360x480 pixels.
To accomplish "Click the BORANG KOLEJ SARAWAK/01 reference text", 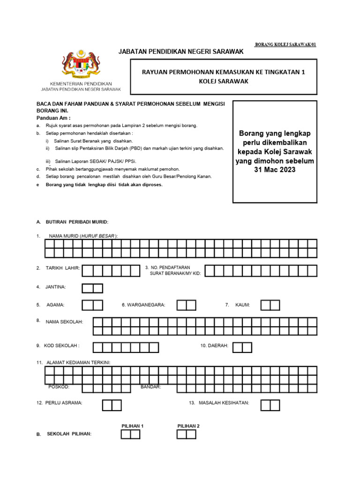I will (285, 45).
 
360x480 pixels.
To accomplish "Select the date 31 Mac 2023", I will (274, 170).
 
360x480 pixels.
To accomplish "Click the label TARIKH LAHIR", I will (63, 268).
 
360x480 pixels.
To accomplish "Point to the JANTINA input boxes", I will (92, 288).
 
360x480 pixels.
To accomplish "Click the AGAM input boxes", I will (92, 305).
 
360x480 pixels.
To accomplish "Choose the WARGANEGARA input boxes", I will (186, 305).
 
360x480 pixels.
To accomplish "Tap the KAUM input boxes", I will (270, 305).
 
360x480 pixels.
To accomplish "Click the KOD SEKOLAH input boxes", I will (126, 347).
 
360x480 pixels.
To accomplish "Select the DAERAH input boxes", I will (242, 347).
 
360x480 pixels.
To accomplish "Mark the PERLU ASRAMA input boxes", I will (112, 405).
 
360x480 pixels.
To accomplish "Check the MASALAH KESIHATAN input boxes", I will (270, 405).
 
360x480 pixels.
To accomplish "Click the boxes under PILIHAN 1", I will (130, 434).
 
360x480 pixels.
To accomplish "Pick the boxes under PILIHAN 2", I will (186, 434).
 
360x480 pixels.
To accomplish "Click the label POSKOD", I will (59, 387).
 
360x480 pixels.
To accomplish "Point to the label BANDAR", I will (151, 387).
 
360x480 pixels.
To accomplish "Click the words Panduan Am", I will (53, 118).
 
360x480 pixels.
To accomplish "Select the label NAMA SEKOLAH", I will (64, 322).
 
